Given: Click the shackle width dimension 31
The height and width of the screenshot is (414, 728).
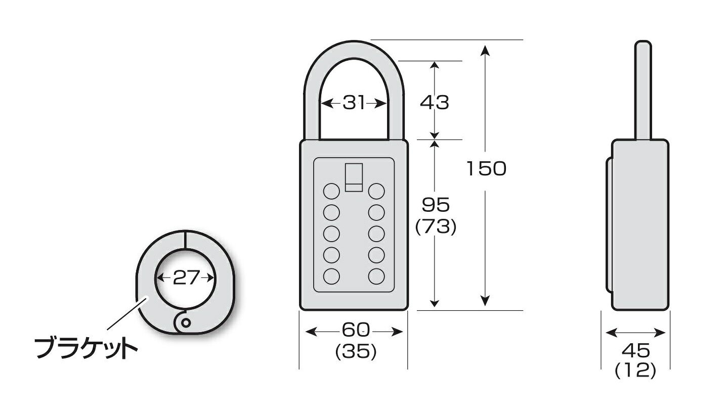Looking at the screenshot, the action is pyautogui.click(x=354, y=103).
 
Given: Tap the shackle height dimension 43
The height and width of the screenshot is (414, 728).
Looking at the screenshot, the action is pyautogui.click(x=435, y=103).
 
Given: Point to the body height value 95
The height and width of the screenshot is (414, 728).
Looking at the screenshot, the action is pyautogui.click(x=436, y=205).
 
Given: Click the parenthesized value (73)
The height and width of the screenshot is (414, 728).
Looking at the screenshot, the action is pyautogui.click(x=436, y=226).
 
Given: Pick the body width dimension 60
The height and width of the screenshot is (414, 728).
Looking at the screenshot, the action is pyautogui.click(x=356, y=330).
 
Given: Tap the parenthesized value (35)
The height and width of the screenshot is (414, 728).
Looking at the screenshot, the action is pyautogui.click(x=356, y=352).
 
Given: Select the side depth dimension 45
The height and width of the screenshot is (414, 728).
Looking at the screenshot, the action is pyautogui.click(x=636, y=350).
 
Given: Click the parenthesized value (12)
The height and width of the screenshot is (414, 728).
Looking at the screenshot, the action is pyautogui.click(x=635, y=370).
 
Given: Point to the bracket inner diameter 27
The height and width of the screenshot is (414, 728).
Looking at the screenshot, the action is pyautogui.click(x=186, y=278).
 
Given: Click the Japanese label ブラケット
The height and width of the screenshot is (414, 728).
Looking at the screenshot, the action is pyautogui.click(x=86, y=349).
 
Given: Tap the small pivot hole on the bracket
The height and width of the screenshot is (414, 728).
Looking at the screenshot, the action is pyautogui.click(x=186, y=323).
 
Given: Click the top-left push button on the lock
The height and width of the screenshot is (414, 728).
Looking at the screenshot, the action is pyautogui.click(x=331, y=191).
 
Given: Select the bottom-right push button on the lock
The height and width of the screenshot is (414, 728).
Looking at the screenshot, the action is pyautogui.click(x=377, y=277).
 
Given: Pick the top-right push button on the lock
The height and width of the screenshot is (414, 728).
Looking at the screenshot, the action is pyautogui.click(x=377, y=191).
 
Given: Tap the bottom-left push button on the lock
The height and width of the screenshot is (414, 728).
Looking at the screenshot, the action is pyautogui.click(x=331, y=277).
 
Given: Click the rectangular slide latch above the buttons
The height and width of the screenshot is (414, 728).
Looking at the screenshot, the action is pyautogui.click(x=354, y=177).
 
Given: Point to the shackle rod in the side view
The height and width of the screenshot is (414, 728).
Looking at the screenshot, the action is pyautogui.click(x=643, y=90).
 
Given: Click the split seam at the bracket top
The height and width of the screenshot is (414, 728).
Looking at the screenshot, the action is pyautogui.click(x=185, y=240).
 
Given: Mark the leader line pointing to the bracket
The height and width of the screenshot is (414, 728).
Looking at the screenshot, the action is pyautogui.click(x=128, y=313).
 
